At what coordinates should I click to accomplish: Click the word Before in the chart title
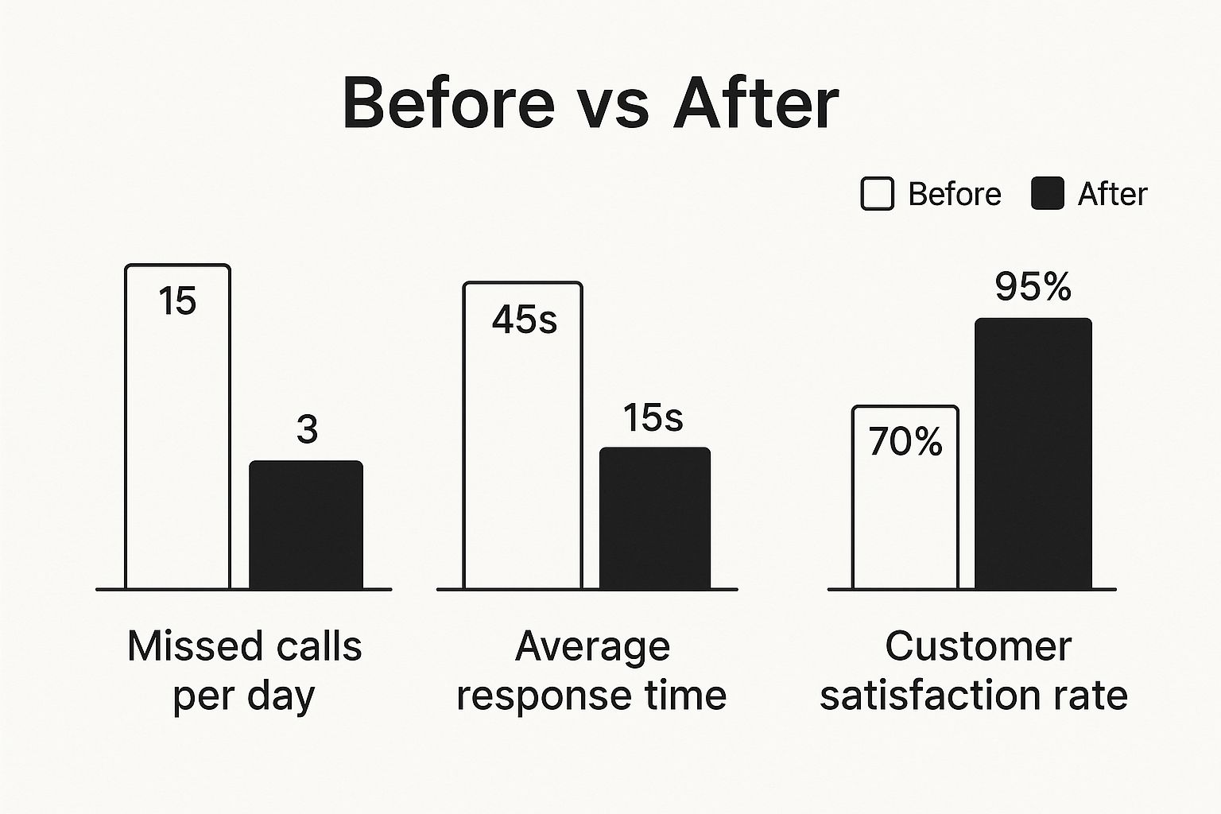pyautogui.click(x=448, y=103)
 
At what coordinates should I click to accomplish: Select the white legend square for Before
pyautogui.click(x=877, y=194)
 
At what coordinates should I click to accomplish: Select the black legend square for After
pyautogui.click(x=1047, y=194)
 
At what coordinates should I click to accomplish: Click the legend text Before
pyautogui.click(x=954, y=194)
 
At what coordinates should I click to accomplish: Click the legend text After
pyautogui.click(x=1112, y=194)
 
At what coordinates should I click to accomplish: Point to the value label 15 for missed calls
pyautogui.click(x=176, y=301)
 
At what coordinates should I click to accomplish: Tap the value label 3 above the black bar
pyautogui.click(x=307, y=430)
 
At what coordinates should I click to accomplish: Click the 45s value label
pyautogui.click(x=524, y=320)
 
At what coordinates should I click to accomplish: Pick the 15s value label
pyautogui.click(x=653, y=418)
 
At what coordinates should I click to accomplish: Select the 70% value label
pyautogui.click(x=905, y=442)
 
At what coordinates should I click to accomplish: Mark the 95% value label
pyautogui.click(x=1033, y=287)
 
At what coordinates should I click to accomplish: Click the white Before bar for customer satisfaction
pyautogui.click(x=905, y=525)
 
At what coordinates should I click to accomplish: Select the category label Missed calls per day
pyautogui.click(x=244, y=670)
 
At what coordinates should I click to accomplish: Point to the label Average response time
pyautogui.click(x=591, y=670)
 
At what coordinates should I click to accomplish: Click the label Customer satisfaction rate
pyautogui.click(x=974, y=670)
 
